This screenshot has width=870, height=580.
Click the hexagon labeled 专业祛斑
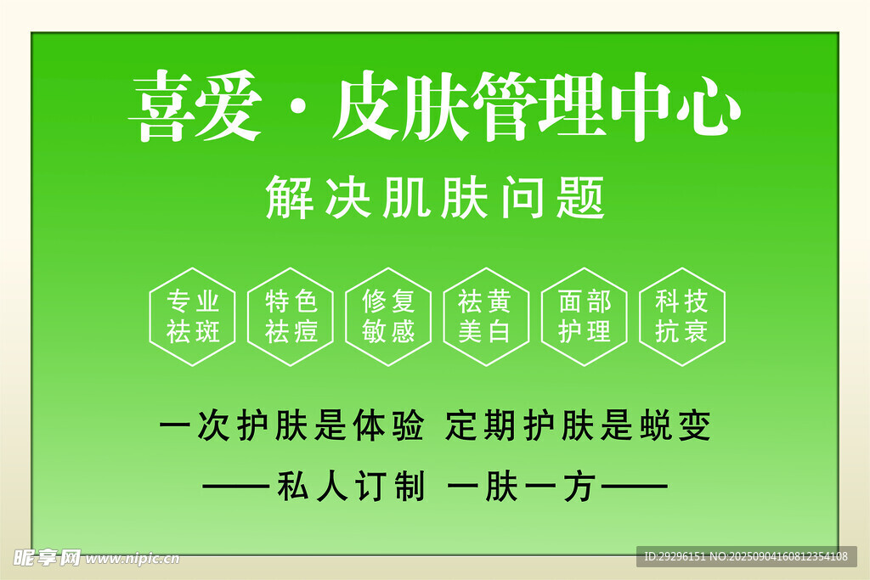coord(150,317)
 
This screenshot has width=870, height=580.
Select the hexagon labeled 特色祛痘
coord(248,317)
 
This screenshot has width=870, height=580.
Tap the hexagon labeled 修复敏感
coord(347,317)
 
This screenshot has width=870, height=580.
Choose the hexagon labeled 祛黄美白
coord(444,317)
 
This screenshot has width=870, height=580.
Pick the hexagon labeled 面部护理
coord(542,317)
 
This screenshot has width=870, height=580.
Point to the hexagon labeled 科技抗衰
coord(641,317)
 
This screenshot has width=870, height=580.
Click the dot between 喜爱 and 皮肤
coord(298,106)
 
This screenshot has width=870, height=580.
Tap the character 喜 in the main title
coord(161,106)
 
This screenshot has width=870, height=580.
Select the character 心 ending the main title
coord(709,106)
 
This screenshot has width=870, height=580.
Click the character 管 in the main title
coord(505,106)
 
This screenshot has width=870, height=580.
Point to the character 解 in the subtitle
coord(289,197)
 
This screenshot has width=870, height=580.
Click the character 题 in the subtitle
coord(580,197)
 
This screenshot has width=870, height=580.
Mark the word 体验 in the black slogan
coord(388,425)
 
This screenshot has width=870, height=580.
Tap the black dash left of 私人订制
coord(236,487)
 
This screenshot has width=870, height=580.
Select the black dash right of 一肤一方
coord(634,487)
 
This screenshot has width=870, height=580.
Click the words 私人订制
coord(351,487)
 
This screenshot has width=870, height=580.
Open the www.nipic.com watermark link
coord(132,559)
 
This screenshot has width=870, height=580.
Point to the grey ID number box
coord(746,556)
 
